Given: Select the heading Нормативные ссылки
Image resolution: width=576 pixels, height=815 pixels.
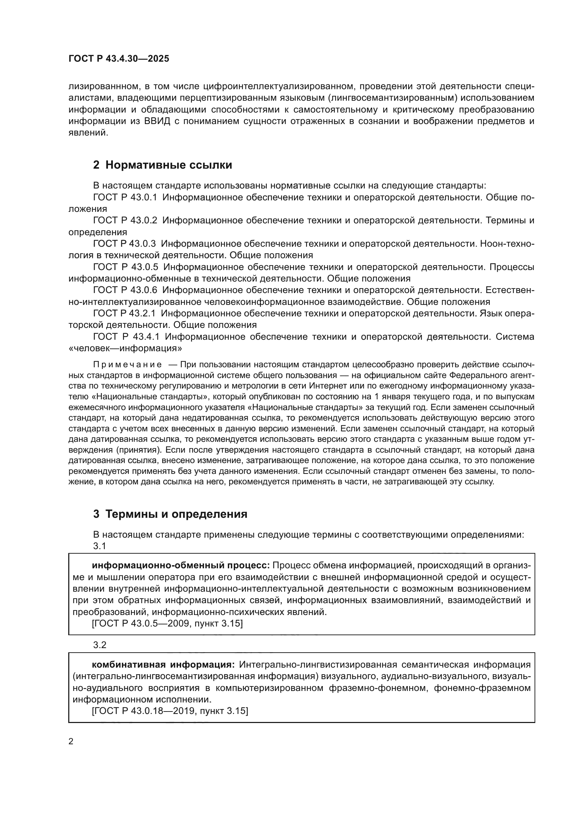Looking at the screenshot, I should coord(169,165).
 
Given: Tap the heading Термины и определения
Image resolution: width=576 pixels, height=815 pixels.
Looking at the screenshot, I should coord(176,514).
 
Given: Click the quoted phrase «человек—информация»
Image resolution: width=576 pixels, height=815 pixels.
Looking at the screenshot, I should coord(125,348).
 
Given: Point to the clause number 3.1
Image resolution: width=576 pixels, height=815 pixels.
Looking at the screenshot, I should coord(100,546).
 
